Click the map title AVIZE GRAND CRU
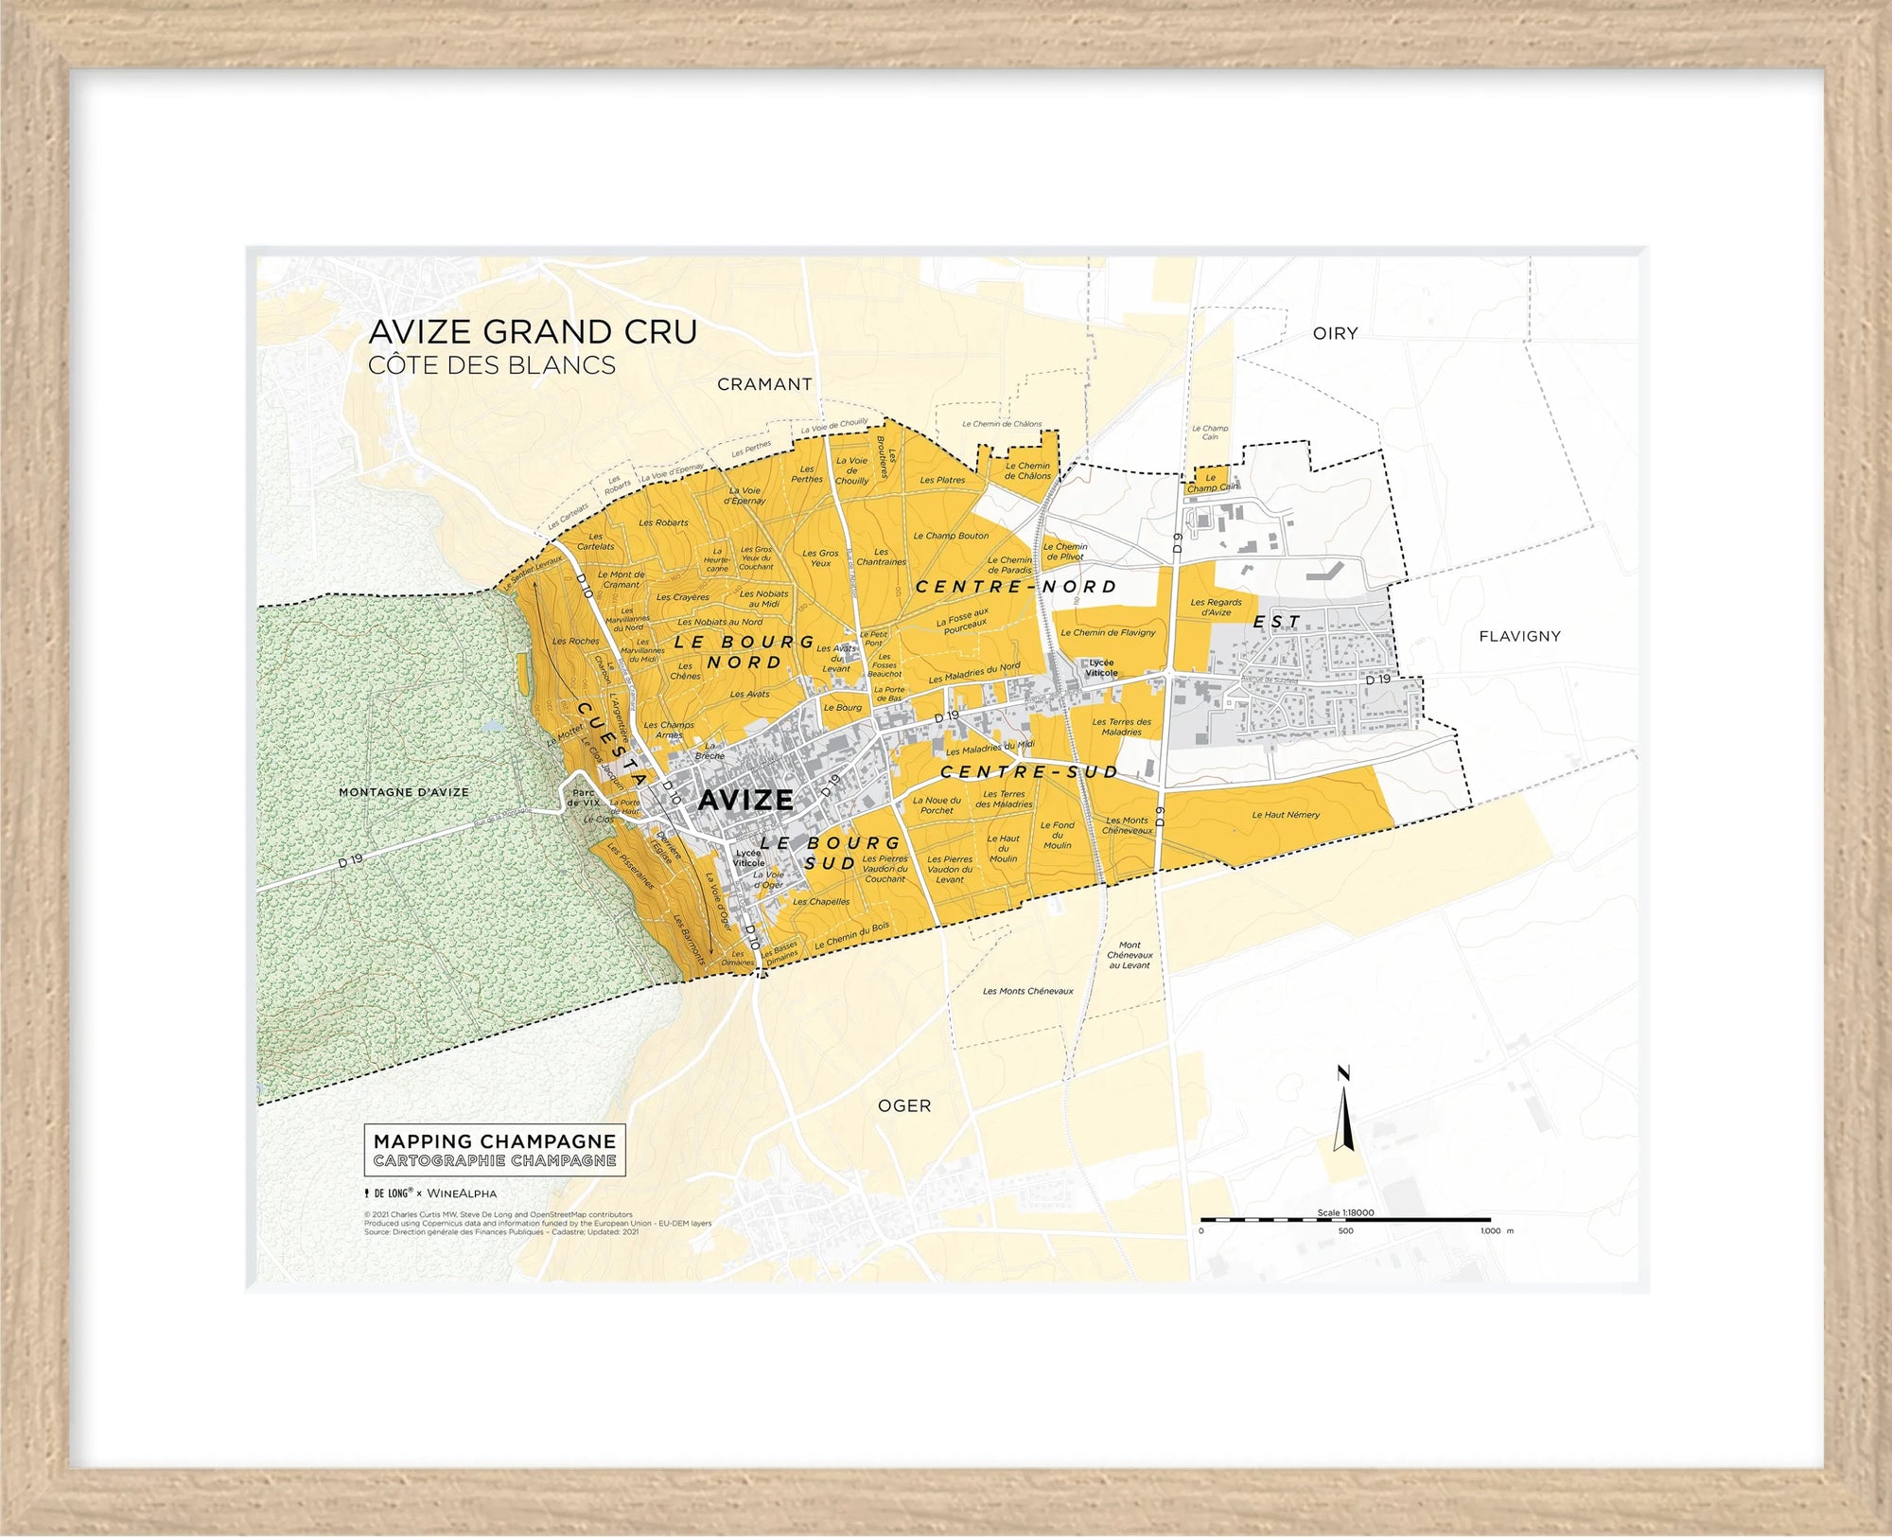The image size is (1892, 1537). pyautogui.click(x=533, y=332)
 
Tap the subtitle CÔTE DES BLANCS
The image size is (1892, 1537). pyautogui.click(x=491, y=365)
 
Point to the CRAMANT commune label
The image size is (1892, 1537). pyautogui.click(x=764, y=384)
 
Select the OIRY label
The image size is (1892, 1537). pyautogui.click(x=1335, y=333)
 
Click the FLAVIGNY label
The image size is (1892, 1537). pyautogui.click(x=1519, y=636)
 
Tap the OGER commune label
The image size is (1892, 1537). pyautogui.click(x=904, y=1105)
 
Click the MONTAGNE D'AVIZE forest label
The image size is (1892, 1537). pyautogui.click(x=404, y=792)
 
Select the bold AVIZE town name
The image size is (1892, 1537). pyautogui.click(x=745, y=801)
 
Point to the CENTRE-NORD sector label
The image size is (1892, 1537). pyautogui.click(x=1016, y=587)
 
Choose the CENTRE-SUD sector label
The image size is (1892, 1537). pyautogui.click(x=1029, y=772)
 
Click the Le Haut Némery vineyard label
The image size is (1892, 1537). pyautogui.click(x=1286, y=815)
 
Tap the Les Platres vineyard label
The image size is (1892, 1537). pyautogui.click(x=942, y=480)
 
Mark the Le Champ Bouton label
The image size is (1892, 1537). pyautogui.click(x=951, y=536)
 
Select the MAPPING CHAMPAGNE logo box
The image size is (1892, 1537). pyautogui.click(x=495, y=1150)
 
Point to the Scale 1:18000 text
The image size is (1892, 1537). pyautogui.click(x=1345, y=1212)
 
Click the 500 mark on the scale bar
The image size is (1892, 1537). pyautogui.click(x=1345, y=1230)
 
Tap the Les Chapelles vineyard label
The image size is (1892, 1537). pyautogui.click(x=821, y=902)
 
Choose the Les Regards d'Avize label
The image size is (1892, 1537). pyautogui.click(x=1216, y=608)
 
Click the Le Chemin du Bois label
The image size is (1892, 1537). pyautogui.click(x=851, y=936)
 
